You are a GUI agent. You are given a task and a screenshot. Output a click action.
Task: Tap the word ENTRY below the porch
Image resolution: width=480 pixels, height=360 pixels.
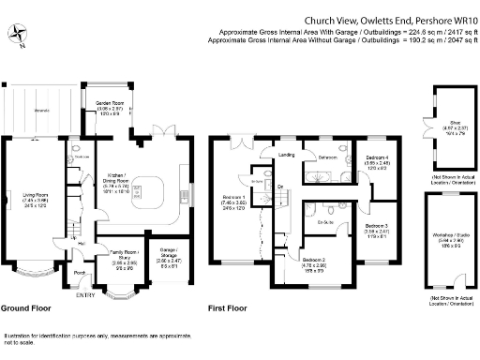(x=85, y=295)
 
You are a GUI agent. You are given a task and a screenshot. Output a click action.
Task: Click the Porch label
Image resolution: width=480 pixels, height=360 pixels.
(x=79, y=274)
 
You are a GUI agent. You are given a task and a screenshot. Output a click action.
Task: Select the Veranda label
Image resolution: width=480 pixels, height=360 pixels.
(x=42, y=109)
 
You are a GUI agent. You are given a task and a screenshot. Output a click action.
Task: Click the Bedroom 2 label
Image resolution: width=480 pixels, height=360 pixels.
(x=314, y=260)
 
